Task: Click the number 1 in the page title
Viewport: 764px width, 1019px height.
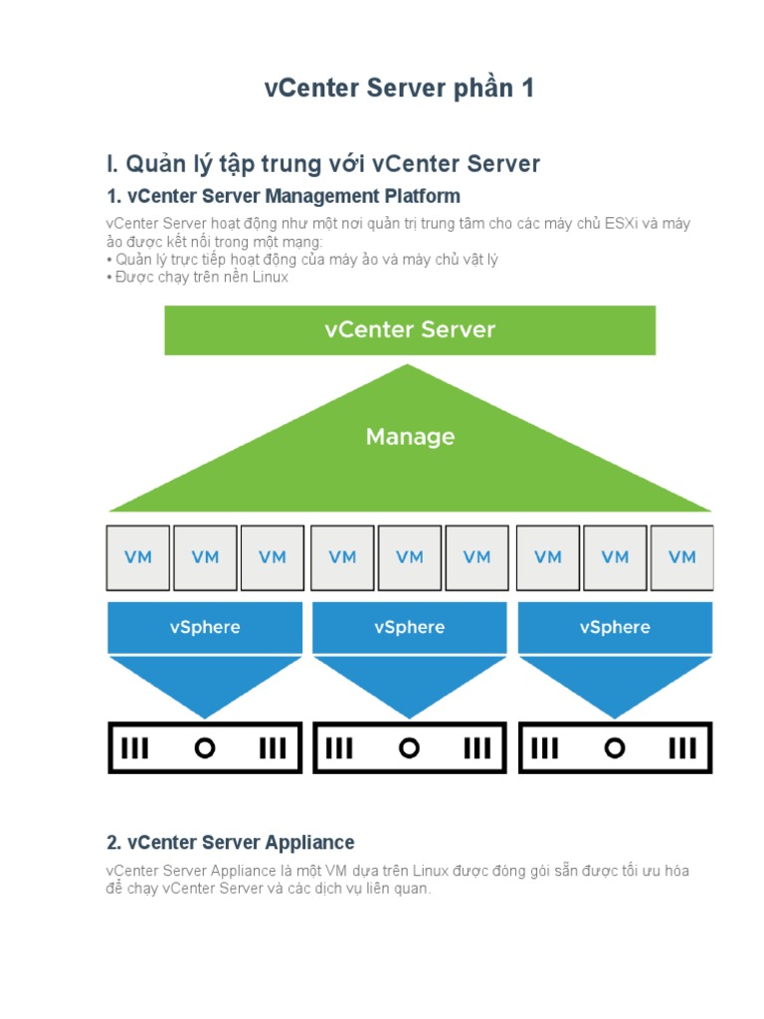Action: pyautogui.click(x=525, y=89)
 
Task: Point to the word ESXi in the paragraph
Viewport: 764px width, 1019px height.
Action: pyautogui.click(x=622, y=224)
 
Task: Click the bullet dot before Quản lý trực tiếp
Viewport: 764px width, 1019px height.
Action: pyautogui.click(x=109, y=260)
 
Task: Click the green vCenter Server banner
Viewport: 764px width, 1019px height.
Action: pyautogui.click(x=410, y=330)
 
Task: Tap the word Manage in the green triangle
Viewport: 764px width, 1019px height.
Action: pyautogui.click(x=410, y=437)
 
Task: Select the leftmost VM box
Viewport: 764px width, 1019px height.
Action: pyautogui.click(x=138, y=557)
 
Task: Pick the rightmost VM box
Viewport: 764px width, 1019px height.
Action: pyautogui.click(x=682, y=557)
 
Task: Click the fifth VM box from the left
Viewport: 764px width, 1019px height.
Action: pyautogui.click(x=410, y=557)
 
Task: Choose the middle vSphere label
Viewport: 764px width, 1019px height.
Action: pyautogui.click(x=410, y=628)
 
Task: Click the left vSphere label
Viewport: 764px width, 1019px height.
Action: pyautogui.click(x=205, y=628)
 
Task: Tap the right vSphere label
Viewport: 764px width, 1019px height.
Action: pyautogui.click(x=615, y=628)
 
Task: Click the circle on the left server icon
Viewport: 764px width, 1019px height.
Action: pyautogui.click(x=205, y=748)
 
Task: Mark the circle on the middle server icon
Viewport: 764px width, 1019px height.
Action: pyautogui.click(x=409, y=748)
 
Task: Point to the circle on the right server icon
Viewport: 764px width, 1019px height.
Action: pyautogui.click(x=615, y=748)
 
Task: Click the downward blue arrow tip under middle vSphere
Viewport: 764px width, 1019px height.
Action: pyautogui.click(x=410, y=713)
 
